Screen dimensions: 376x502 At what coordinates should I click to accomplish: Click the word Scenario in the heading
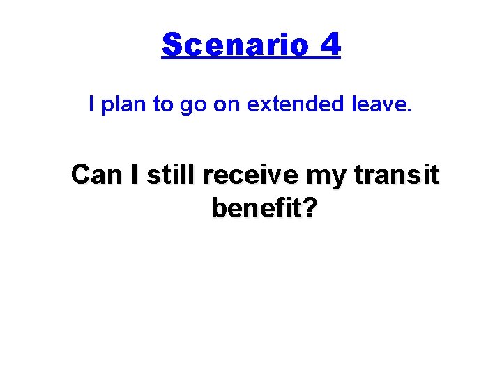point(235,45)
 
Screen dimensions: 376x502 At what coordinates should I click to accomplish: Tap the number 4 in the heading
point(330,45)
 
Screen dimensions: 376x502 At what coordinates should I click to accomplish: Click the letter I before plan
point(92,105)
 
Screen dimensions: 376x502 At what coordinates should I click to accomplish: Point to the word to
point(162,105)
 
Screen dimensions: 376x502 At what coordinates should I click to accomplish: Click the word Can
point(96,175)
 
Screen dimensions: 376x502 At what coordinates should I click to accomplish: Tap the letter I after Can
point(134,175)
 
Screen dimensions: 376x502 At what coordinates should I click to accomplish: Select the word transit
point(397,175)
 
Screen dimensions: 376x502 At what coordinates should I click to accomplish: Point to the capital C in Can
point(81,175)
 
